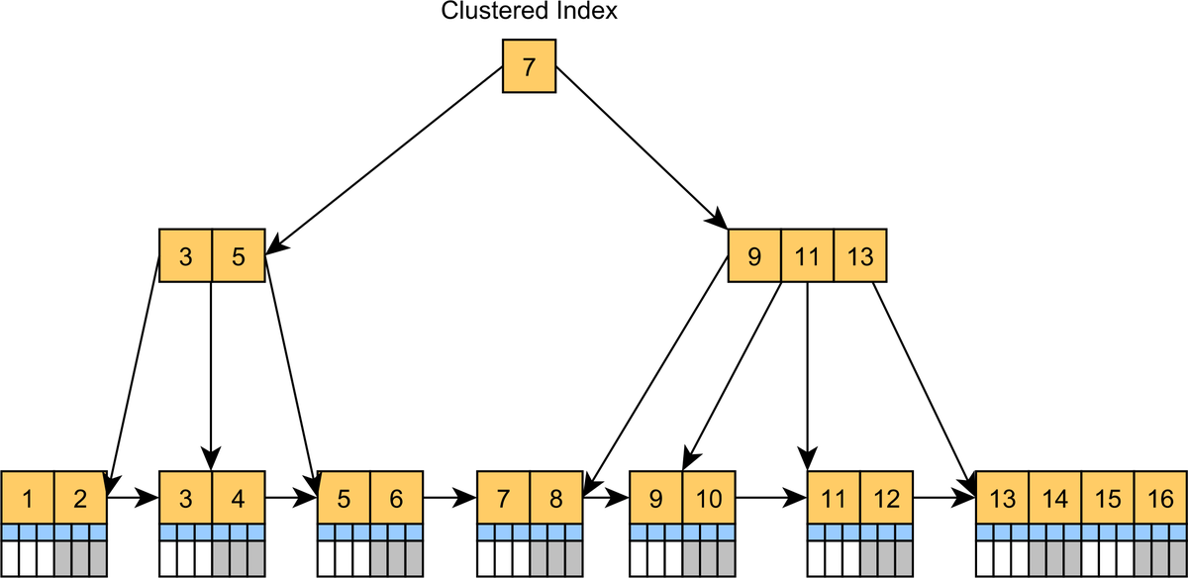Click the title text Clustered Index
click(x=529, y=12)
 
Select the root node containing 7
click(x=529, y=66)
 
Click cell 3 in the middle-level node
click(x=185, y=256)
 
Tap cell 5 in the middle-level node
click(x=239, y=256)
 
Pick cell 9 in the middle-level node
click(x=754, y=256)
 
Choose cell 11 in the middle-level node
click(x=807, y=256)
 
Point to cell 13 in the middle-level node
click(x=859, y=256)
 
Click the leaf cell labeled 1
click(x=28, y=498)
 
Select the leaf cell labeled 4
click(x=239, y=498)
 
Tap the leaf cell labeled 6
click(x=396, y=498)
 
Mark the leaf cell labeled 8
click(x=555, y=498)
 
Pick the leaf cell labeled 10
click(x=709, y=498)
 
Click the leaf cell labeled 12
click(x=886, y=498)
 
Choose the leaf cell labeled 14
click(x=1054, y=498)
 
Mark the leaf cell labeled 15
click(x=1106, y=498)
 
